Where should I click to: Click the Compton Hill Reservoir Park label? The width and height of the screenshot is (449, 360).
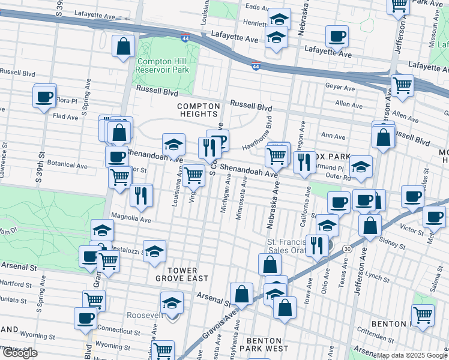pos(163,65)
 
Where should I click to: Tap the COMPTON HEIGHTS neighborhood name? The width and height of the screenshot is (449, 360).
pos(197,110)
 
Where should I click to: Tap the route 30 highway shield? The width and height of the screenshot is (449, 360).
pos(347,248)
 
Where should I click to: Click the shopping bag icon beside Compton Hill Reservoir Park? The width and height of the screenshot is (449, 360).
pos(124,47)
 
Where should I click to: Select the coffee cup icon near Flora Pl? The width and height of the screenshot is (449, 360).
pos(44,97)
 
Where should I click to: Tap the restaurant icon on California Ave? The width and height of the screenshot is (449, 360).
pos(305,162)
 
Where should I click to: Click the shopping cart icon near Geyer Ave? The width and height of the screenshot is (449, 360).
pos(402,86)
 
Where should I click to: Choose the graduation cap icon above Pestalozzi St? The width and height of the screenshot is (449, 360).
pos(102,231)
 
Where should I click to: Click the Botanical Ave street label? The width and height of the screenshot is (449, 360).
pos(68,164)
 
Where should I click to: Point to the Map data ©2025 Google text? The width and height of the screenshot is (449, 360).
pos(412,355)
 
